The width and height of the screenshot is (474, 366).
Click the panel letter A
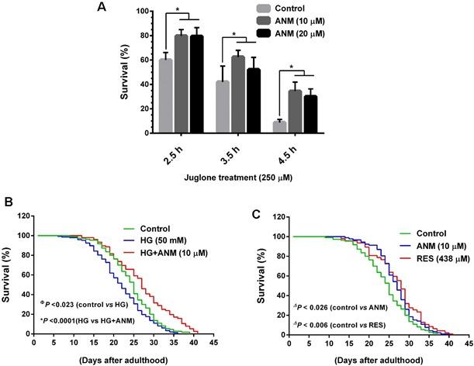102,8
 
